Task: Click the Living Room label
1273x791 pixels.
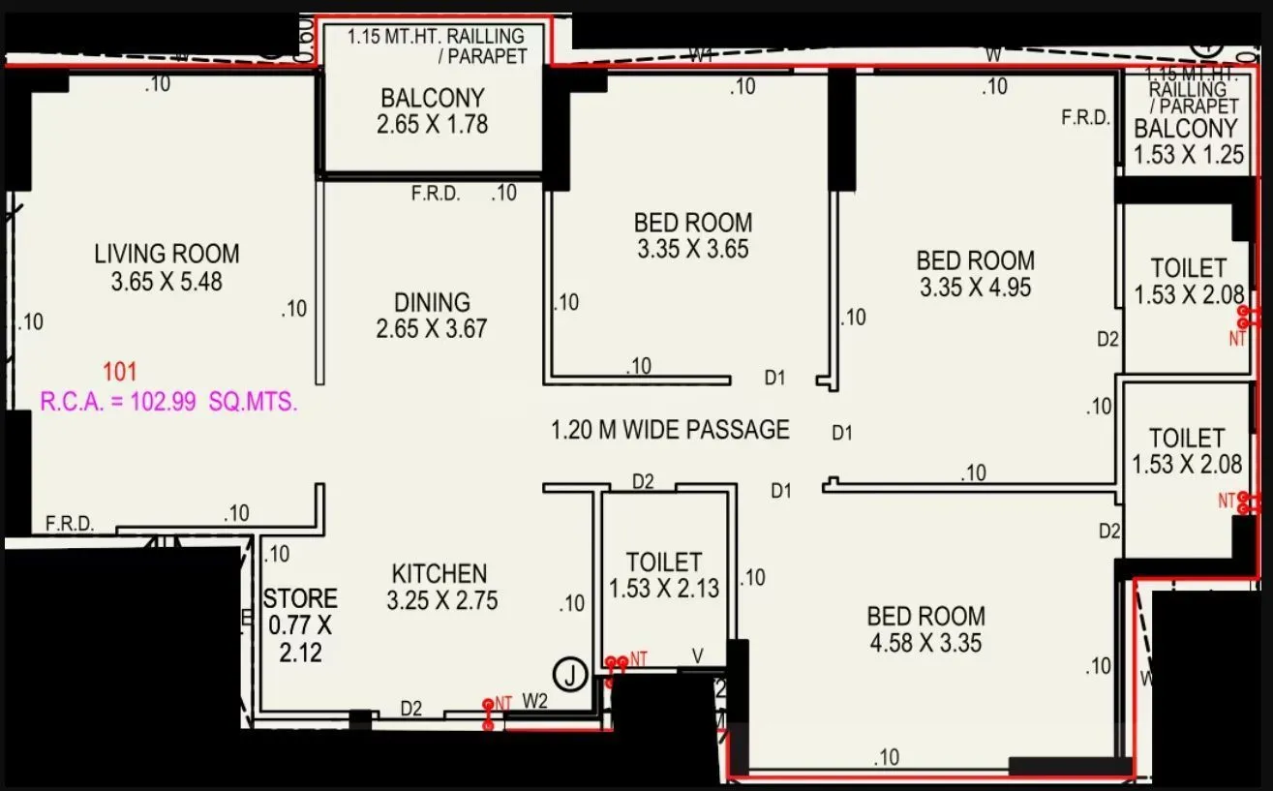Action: click(x=167, y=255)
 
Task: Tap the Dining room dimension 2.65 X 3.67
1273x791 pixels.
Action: click(x=432, y=329)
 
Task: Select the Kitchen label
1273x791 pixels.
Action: click(x=439, y=573)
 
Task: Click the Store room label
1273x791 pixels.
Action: click(x=300, y=599)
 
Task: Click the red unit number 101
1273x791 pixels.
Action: click(x=120, y=372)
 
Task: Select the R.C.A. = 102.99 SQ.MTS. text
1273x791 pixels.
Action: click(x=168, y=402)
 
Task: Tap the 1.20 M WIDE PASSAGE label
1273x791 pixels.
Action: click(x=670, y=430)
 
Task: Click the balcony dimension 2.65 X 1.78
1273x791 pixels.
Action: click(x=432, y=125)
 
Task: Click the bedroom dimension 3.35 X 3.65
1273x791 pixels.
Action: click(x=692, y=250)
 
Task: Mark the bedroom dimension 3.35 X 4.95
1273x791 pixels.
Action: click(x=975, y=288)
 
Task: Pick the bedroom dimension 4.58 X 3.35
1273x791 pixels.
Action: click(x=926, y=643)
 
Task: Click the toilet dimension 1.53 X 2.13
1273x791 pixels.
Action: click(x=663, y=589)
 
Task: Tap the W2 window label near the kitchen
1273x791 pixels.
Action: click(x=535, y=700)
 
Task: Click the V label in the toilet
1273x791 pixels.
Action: click(x=697, y=656)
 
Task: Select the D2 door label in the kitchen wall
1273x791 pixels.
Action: click(x=412, y=710)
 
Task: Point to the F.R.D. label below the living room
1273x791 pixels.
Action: click(x=70, y=524)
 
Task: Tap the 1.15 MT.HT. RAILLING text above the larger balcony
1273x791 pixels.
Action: click(x=436, y=38)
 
